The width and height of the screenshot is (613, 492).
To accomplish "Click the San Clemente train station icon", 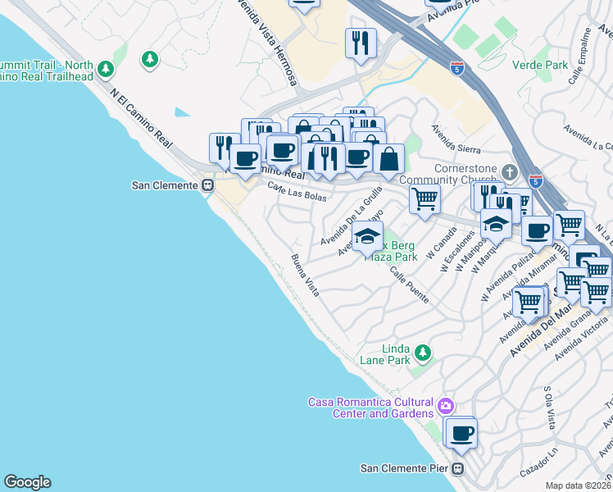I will [207, 185].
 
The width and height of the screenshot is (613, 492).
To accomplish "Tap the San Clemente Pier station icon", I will [458, 469].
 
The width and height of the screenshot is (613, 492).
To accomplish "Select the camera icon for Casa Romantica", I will [445, 406].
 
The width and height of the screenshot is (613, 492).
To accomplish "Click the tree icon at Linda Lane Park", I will [422, 353].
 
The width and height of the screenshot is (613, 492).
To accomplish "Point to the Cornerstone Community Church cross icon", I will [510, 172].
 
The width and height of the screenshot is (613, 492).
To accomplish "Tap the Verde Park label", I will [539, 65].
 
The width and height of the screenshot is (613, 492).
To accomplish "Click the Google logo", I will [27, 482].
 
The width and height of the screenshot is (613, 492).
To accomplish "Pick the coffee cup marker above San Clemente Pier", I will [461, 433].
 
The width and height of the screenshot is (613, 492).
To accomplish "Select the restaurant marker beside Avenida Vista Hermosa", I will [361, 43].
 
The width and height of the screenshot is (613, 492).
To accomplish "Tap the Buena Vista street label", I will [304, 275].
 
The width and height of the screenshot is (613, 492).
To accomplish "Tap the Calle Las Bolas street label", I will [297, 193].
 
